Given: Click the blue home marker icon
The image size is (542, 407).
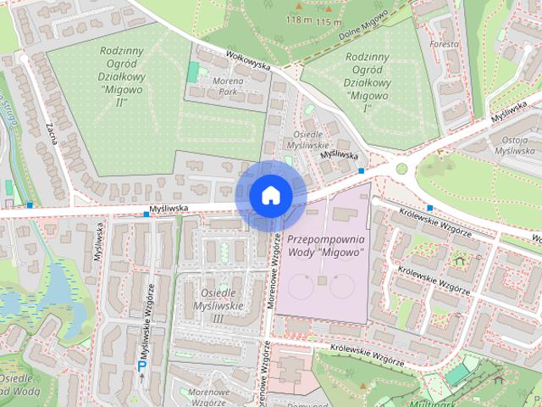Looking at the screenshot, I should point(269,196).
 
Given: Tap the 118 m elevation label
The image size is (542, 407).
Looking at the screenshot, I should point(298,20).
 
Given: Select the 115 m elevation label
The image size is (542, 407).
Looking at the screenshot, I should point(329,21).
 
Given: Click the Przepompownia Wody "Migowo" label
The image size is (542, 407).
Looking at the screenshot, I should point(325,246).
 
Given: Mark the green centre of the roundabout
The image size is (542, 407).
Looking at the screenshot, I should point(401,168).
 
